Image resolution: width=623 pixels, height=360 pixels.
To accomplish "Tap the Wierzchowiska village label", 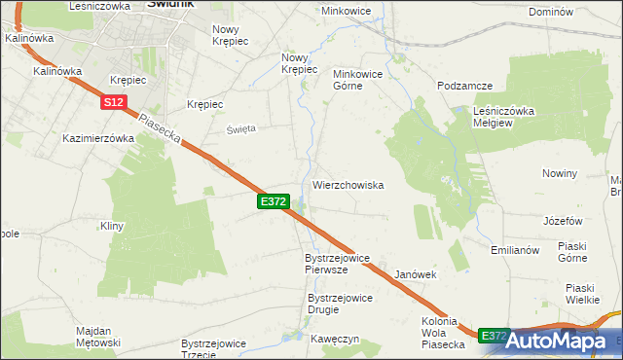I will click(x=348, y=185).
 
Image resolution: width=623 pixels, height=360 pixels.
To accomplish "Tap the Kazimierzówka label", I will click(x=97, y=138).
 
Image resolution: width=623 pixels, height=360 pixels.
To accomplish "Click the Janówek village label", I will click(x=415, y=275).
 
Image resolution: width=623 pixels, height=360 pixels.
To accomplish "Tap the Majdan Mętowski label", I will click(x=98, y=337).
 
